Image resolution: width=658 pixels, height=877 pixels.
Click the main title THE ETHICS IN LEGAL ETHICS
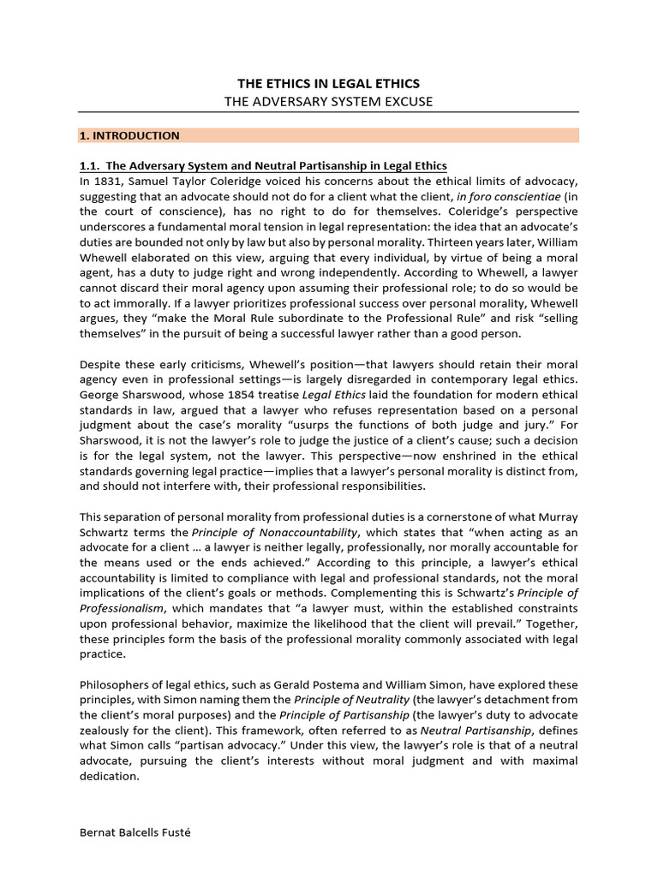tap(328, 83)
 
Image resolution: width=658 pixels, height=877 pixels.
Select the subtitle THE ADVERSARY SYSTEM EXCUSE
tap(328, 101)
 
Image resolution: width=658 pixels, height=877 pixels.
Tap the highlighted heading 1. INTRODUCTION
tap(129, 135)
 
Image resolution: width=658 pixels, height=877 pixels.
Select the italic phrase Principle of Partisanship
tap(326, 715)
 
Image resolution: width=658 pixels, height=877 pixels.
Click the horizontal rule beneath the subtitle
tap(328, 113)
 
